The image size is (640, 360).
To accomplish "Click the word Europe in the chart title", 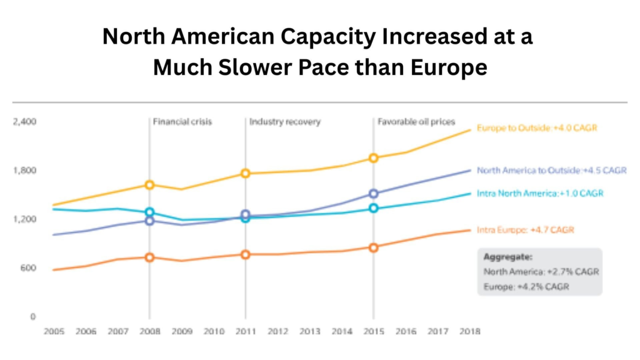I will click(x=448, y=67).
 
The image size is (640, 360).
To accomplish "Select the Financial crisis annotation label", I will click(x=182, y=122).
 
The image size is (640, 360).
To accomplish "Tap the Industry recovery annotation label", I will click(x=285, y=122).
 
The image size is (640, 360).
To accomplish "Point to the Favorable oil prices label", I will click(x=416, y=122).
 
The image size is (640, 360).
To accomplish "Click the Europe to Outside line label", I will click(x=537, y=128).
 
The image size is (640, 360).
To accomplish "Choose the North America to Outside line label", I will click(x=551, y=170).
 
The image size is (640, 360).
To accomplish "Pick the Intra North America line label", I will click(x=540, y=193).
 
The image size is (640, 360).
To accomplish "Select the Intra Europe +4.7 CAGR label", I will click(x=525, y=230).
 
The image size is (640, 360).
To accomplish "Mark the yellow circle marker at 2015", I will click(x=374, y=158).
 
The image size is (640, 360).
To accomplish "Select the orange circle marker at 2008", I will click(x=149, y=257).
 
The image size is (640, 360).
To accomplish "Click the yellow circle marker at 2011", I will click(x=246, y=173).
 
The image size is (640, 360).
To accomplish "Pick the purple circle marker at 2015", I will click(x=374, y=194).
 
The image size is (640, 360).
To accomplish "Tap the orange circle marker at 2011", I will click(x=246, y=254).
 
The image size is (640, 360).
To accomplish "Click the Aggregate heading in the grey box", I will click(x=507, y=257).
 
